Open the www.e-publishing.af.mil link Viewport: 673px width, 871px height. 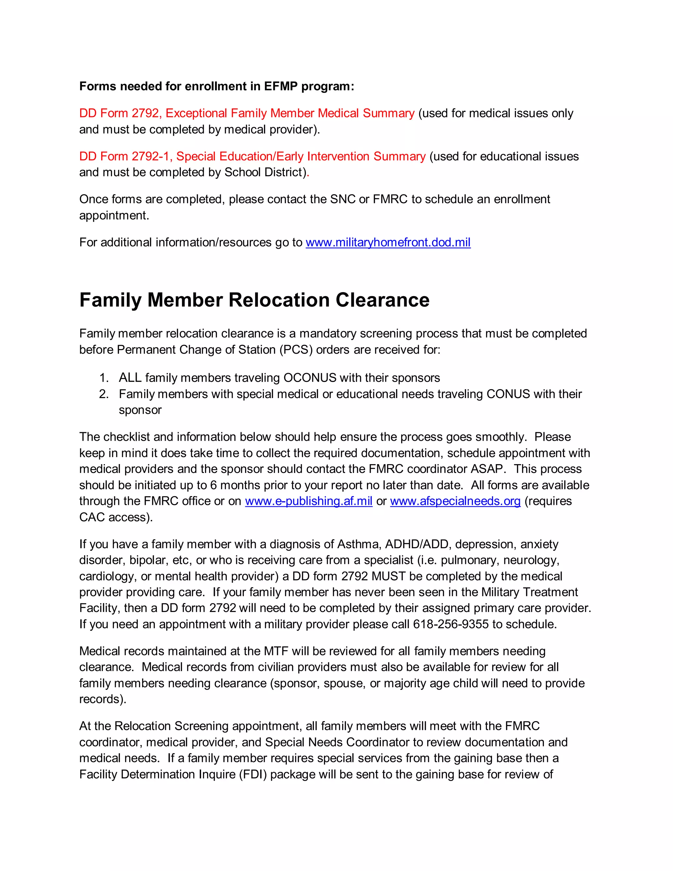308,501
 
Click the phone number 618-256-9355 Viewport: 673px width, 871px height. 450,624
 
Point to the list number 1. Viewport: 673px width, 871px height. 104,378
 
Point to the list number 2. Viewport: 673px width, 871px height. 104,394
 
